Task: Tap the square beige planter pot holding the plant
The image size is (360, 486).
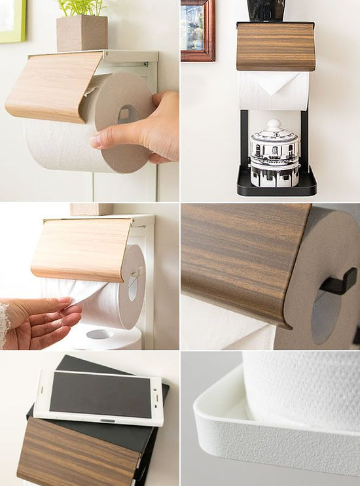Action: tap(82, 33)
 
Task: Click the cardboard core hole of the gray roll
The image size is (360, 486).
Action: tap(127, 114)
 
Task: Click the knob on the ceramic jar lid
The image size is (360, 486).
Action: tap(274, 124)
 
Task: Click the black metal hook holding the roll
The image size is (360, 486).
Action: tap(338, 283)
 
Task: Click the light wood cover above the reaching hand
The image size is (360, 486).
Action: tap(82, 249)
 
